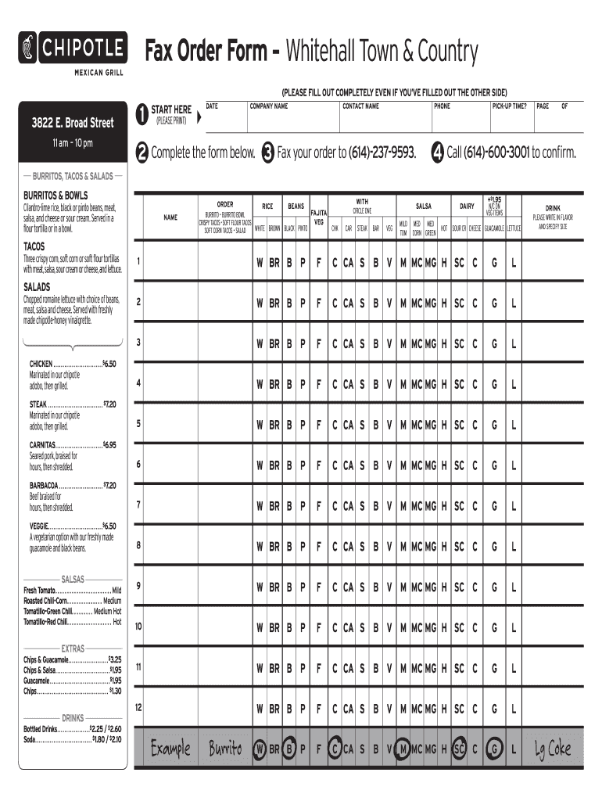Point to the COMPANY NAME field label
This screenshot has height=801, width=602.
(269, 106)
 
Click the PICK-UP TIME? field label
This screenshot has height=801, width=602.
(509, 106)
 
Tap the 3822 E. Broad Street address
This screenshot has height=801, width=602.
(73, 123)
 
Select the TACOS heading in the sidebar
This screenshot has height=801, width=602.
(35, 246)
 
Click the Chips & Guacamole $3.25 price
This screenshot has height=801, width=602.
(113, 660)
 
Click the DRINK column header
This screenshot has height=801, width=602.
(553, 208)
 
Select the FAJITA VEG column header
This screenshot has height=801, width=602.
(318, 217)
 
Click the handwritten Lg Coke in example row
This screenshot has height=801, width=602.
(553, 749)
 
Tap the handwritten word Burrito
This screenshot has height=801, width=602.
(225, 749)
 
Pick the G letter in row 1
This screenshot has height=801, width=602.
(494, 262)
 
